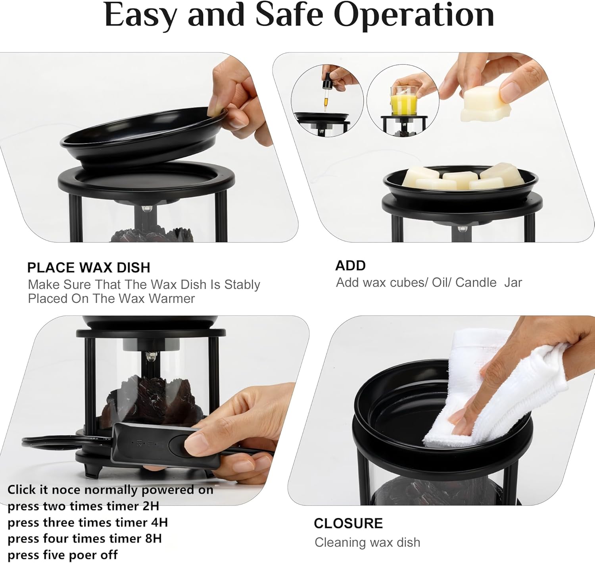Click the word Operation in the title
(x=414, y=15)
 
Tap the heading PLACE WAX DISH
(x=89, y=268)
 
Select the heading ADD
(x=351, y=266)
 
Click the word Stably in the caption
(x=242, y=285)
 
